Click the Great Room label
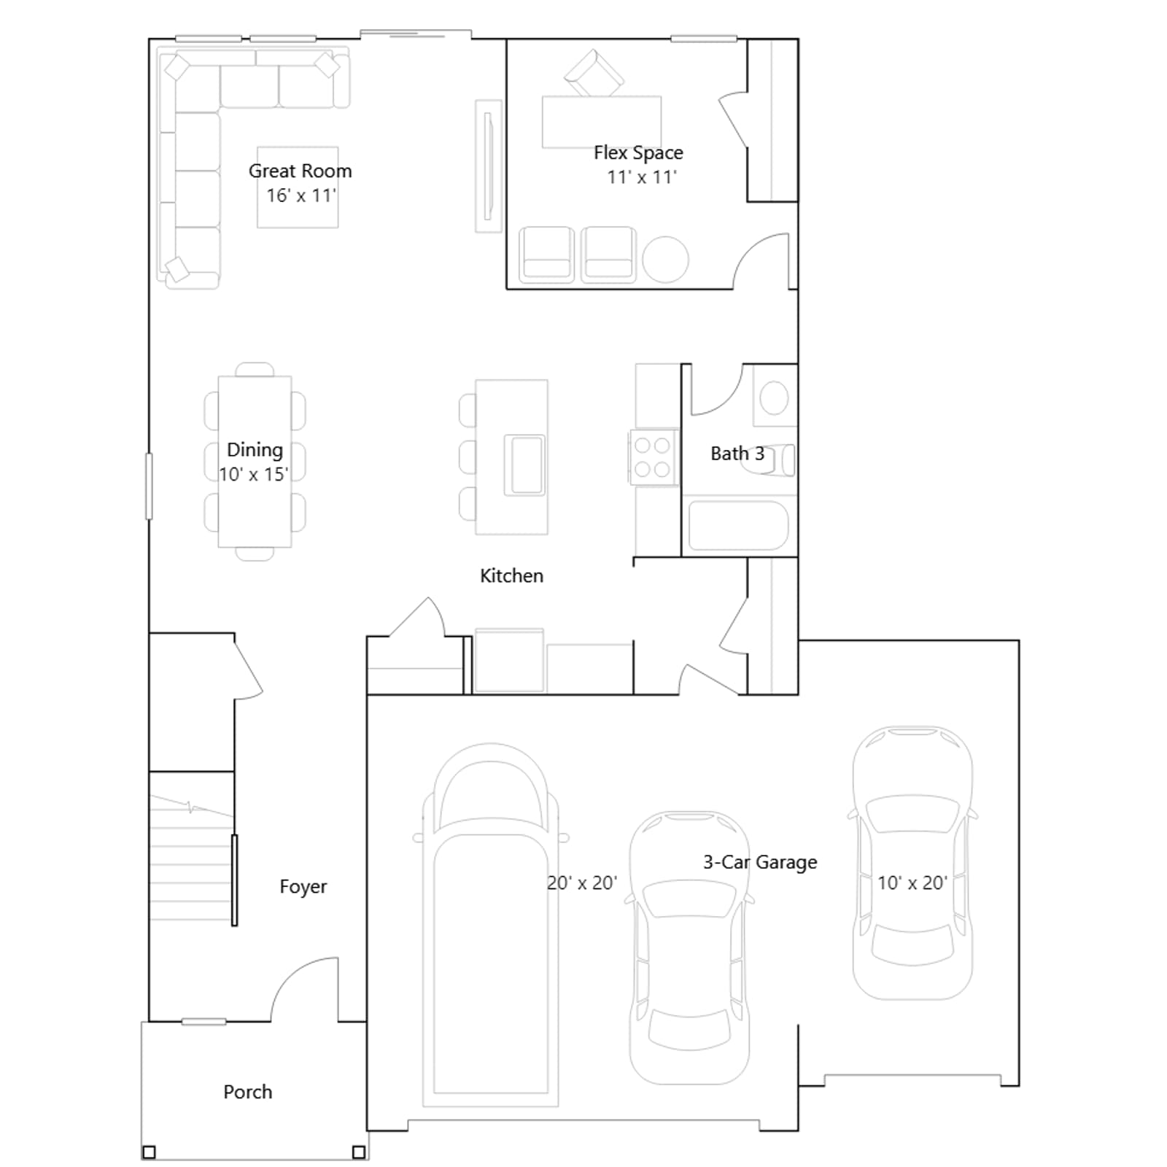click(300, 171)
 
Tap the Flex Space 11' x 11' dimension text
click(642, 177)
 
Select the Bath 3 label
click(737, 454)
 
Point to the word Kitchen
click(511, 575)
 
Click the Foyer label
click(303, 887)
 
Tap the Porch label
click(247, 1092)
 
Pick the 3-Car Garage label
click(760, 862)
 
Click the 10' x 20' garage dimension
click(912, 883)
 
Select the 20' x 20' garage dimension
click(582, 883)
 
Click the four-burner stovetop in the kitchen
click(652, 457)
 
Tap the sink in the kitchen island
click(525, 465)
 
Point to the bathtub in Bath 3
click(738, 524)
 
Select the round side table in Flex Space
click(665, 260)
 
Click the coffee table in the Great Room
click(298, 187)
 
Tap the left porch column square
click(149, 1152)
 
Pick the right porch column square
click(359, 1152)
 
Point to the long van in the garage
click(491, 925)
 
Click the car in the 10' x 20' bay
click(912, 863)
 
